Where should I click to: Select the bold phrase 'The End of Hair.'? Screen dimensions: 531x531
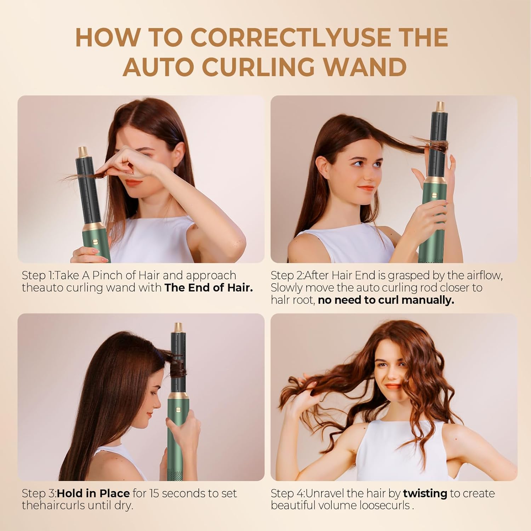click(209, 287)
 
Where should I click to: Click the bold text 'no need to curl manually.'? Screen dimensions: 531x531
click(386, 300)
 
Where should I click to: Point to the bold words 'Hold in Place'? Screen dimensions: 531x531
click(93, 493)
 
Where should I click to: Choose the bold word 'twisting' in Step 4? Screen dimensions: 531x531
click(425, 493)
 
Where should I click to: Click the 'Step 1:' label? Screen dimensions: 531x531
click(38, 275)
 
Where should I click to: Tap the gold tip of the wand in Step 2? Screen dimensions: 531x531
click(440, 106)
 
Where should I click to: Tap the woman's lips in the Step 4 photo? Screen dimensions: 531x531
click(393, 386)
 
